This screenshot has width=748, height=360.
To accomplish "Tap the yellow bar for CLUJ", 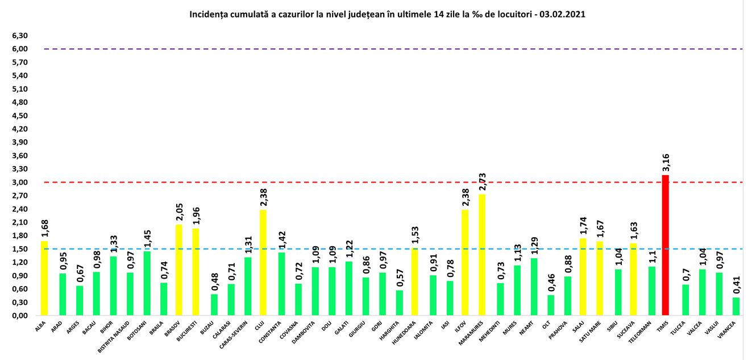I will tap(263, 262).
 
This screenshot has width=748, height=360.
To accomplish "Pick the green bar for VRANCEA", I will tap(736, 306).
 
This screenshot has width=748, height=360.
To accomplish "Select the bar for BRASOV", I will tap(179, 270).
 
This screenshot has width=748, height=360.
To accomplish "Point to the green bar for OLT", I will tap(551, 305).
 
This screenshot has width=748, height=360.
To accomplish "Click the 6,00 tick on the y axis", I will tap(20, 49).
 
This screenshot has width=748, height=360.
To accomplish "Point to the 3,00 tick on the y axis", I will tap(20, 183).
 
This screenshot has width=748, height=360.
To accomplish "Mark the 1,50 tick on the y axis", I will tap(20, 249).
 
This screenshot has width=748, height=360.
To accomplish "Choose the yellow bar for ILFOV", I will tap(464, 262).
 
